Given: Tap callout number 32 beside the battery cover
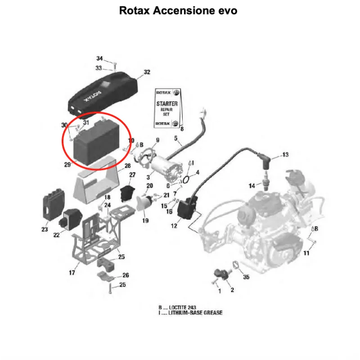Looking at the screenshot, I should [147, 72].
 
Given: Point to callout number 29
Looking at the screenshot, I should [67, 165].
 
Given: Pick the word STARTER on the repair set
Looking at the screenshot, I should [167, 104].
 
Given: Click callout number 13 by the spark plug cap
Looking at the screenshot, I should [285, 155].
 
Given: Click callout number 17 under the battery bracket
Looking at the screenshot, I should [72, 273].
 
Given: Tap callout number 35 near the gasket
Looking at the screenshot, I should [246, 277].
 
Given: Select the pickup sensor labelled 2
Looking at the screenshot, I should [220, 274].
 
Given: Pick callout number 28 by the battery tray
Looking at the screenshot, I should [127, 166].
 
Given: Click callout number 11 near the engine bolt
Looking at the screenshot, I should [306, 253].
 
